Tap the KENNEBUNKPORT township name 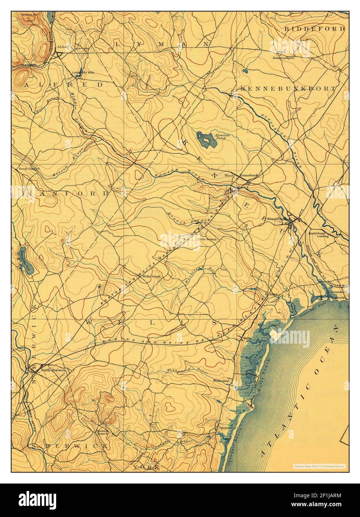pyautogui.click(x=287, y=89)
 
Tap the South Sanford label pyautogui.click(x=29, y=168)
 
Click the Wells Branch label pyautogui.click(x=207, y=239)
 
